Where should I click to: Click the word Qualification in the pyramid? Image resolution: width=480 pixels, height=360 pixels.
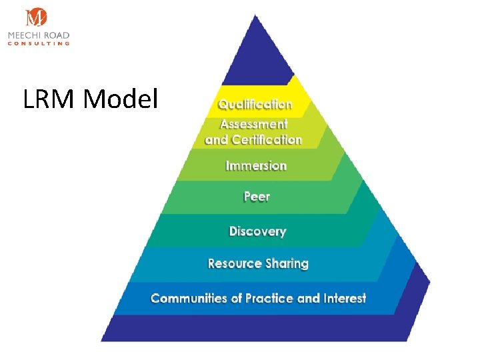pyautogui.click(x=255, y=105)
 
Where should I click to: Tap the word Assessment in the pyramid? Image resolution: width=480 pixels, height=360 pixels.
pyautogui.click(x=254, y=124)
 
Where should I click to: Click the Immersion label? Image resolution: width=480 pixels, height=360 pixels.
pyautogui.click(x=256, y=165)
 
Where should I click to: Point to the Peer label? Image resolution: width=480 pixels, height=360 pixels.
pyautogui.click(x=257, y=197)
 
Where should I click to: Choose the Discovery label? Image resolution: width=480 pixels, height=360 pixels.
pyautogui.click(x=257, y=231)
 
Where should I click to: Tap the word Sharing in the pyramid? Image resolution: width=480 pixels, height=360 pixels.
pyautogui.click(x=287, y=263)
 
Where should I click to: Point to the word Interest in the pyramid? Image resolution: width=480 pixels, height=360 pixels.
pyautogui.click(x=345, y=298)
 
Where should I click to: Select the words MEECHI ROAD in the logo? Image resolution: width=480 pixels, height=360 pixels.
pyautogui.click(x=39, y=35)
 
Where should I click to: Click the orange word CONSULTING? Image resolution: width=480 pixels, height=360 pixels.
pyautogui.click(x=39, y=43)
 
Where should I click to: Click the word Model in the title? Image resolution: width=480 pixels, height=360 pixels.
pyautogui.click(x=121, y=100)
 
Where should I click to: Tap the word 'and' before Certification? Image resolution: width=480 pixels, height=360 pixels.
pyautogui.click(x=217, y=140)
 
